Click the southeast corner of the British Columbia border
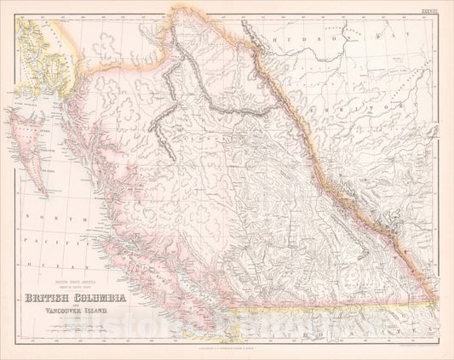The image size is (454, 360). [437, 302]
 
